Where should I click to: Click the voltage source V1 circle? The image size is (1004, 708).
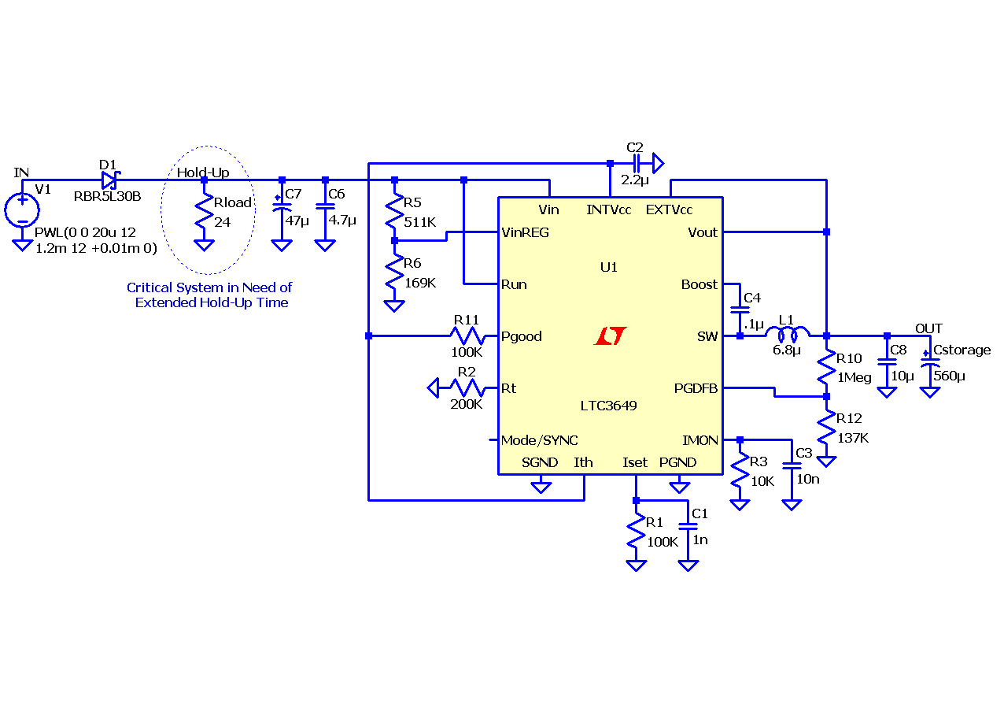(22, 210)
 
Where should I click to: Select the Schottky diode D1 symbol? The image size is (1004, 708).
(110, 180)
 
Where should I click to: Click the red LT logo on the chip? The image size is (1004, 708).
(610, 335)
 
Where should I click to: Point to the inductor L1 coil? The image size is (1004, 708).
(788, 334)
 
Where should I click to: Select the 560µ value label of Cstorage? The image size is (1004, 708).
(950, 376)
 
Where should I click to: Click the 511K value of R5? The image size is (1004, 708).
(420, 222)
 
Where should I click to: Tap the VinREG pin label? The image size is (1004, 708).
(525, 232)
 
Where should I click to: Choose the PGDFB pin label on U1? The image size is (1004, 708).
(696, 388)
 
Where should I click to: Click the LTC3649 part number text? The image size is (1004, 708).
(608, 406)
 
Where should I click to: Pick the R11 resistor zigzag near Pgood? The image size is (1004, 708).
(467, 335)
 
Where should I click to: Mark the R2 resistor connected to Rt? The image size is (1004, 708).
(467, 387)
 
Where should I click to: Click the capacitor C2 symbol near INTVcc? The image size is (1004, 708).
(636, 163)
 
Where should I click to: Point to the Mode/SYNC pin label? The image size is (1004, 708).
(539, 440)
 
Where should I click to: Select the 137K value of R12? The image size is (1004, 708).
(853, 438)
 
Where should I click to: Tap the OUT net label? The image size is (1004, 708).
(928, 328)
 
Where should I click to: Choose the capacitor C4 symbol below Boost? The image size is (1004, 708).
(740, 310)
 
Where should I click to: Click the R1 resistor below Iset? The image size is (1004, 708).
(636, 532)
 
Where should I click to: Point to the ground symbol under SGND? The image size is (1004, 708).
(541, 487)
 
